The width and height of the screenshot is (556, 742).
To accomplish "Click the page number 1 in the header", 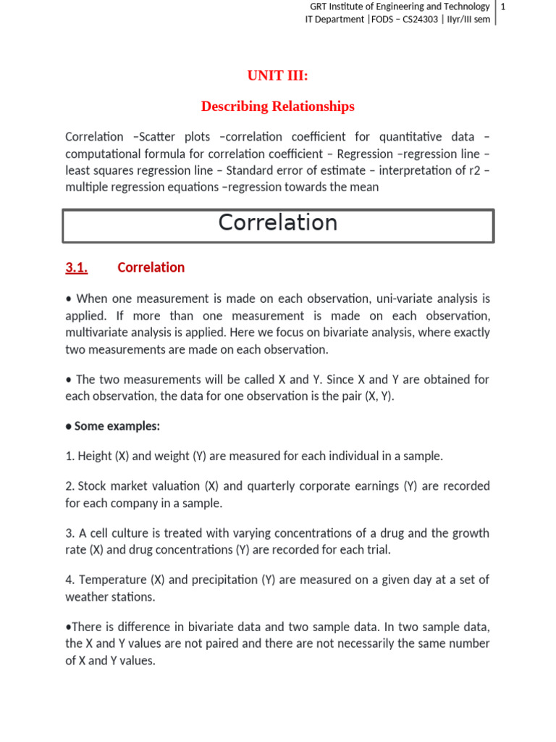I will [502, 7].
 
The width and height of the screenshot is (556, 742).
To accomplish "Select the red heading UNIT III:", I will [277, 76].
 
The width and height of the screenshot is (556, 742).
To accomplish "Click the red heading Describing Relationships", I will [277, 107].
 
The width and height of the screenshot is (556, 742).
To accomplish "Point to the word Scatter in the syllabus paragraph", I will [157, 137].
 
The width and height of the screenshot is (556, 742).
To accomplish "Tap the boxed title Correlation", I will [277, 223].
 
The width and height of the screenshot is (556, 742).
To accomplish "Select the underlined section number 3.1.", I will [76, 267].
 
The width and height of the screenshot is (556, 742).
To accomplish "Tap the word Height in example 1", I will [94, 457].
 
